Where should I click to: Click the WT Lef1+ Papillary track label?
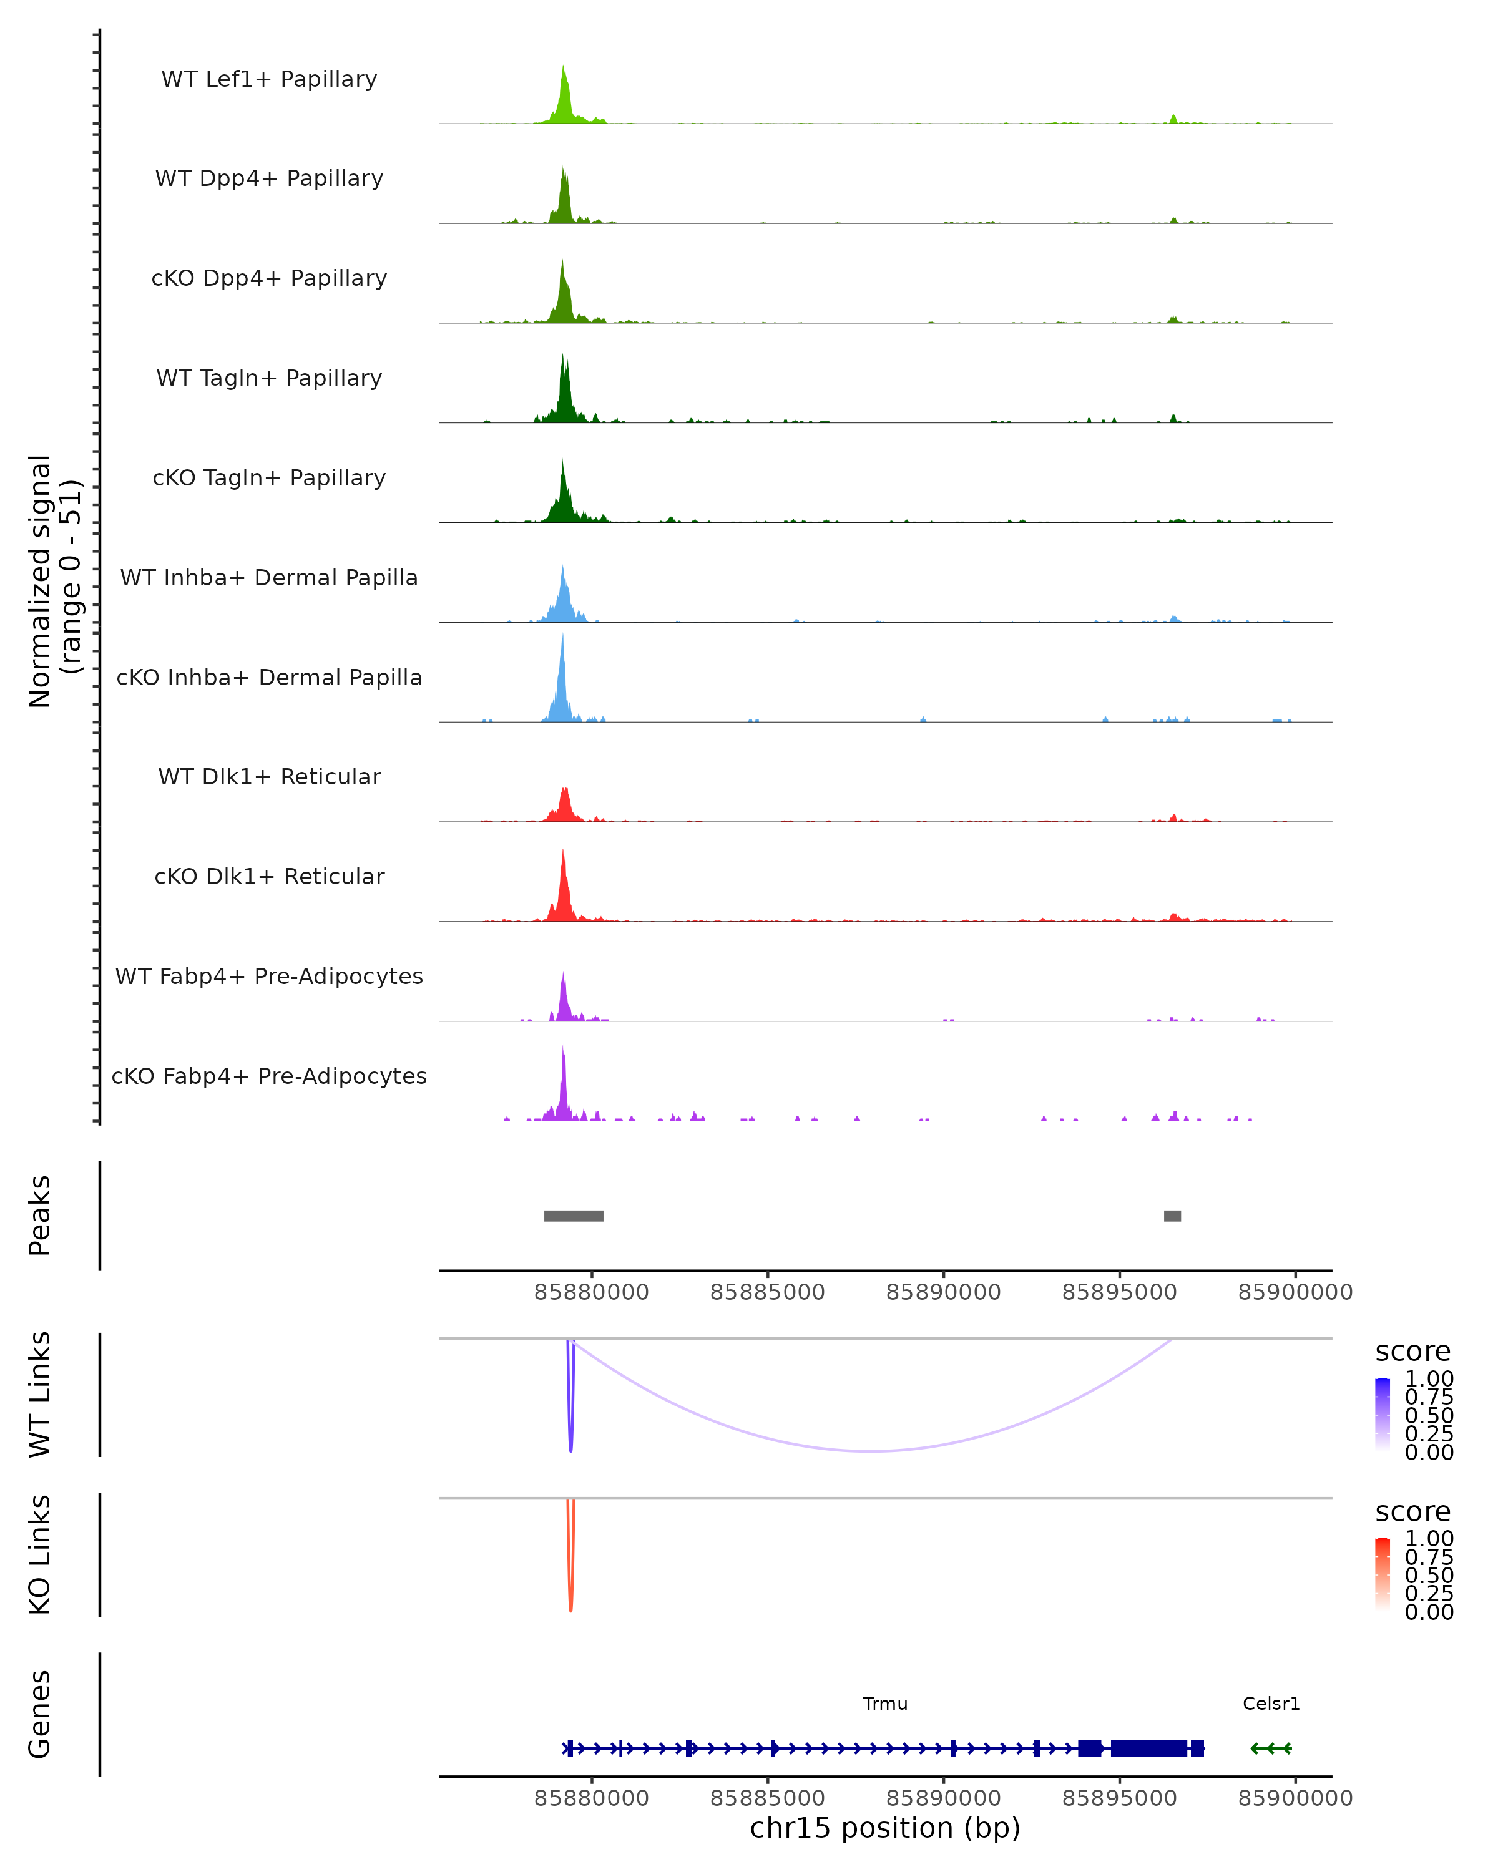coord(269,79)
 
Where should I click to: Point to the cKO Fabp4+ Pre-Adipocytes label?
coord(269,1076)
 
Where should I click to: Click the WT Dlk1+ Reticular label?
coord(269,776)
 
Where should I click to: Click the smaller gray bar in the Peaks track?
coord(1172,1216)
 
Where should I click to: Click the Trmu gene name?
coord(885,1704)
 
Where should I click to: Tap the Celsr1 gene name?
coord(1270,1704)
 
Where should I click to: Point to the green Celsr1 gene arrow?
coord(1270,1748)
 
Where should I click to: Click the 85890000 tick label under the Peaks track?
coord(943,1292)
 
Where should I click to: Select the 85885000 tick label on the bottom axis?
coord(767,1798)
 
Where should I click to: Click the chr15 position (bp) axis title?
coord(885,1828)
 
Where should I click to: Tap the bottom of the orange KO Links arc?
coord(570,1609)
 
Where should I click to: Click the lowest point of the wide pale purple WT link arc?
coord(873,1451)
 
